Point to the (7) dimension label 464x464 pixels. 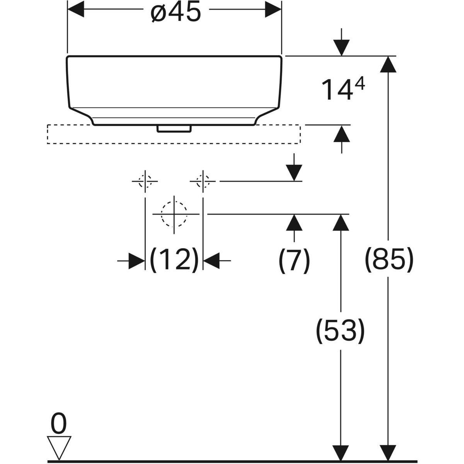pyautogui.click(x=294, y=261)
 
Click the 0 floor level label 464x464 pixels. pyautogui.click(x=59, y=424)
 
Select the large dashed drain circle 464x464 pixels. pyautogui.click(x=174, y=213)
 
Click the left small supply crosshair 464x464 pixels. pyautogui.click(x=145, y=181)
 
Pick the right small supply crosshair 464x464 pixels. pyautogui.click(x=203, y=181)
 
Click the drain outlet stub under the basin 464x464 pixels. pyautogui.click(x=174, y=128)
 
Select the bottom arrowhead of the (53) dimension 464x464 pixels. pyautogui.click(x=341, y=452)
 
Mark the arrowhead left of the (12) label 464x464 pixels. pyautogui.click(x=136, y=261)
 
